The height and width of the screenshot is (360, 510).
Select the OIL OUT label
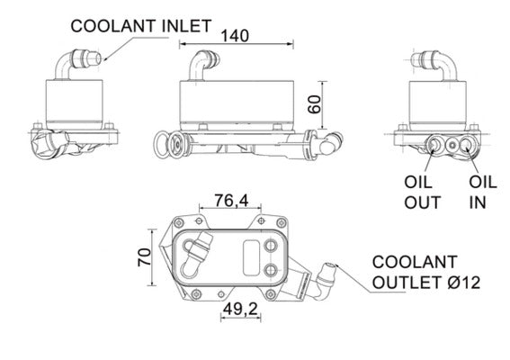pos(422,192)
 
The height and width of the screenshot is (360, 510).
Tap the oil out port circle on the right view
pos(438,144)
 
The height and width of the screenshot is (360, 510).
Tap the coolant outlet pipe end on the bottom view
pos(330,266)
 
